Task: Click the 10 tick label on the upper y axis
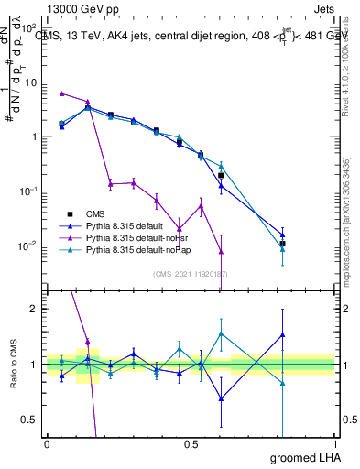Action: (30, 82)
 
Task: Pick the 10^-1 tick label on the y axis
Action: (27, 191)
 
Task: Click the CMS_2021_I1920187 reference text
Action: (191, 274)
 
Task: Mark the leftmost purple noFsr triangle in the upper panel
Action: (61, 93)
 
